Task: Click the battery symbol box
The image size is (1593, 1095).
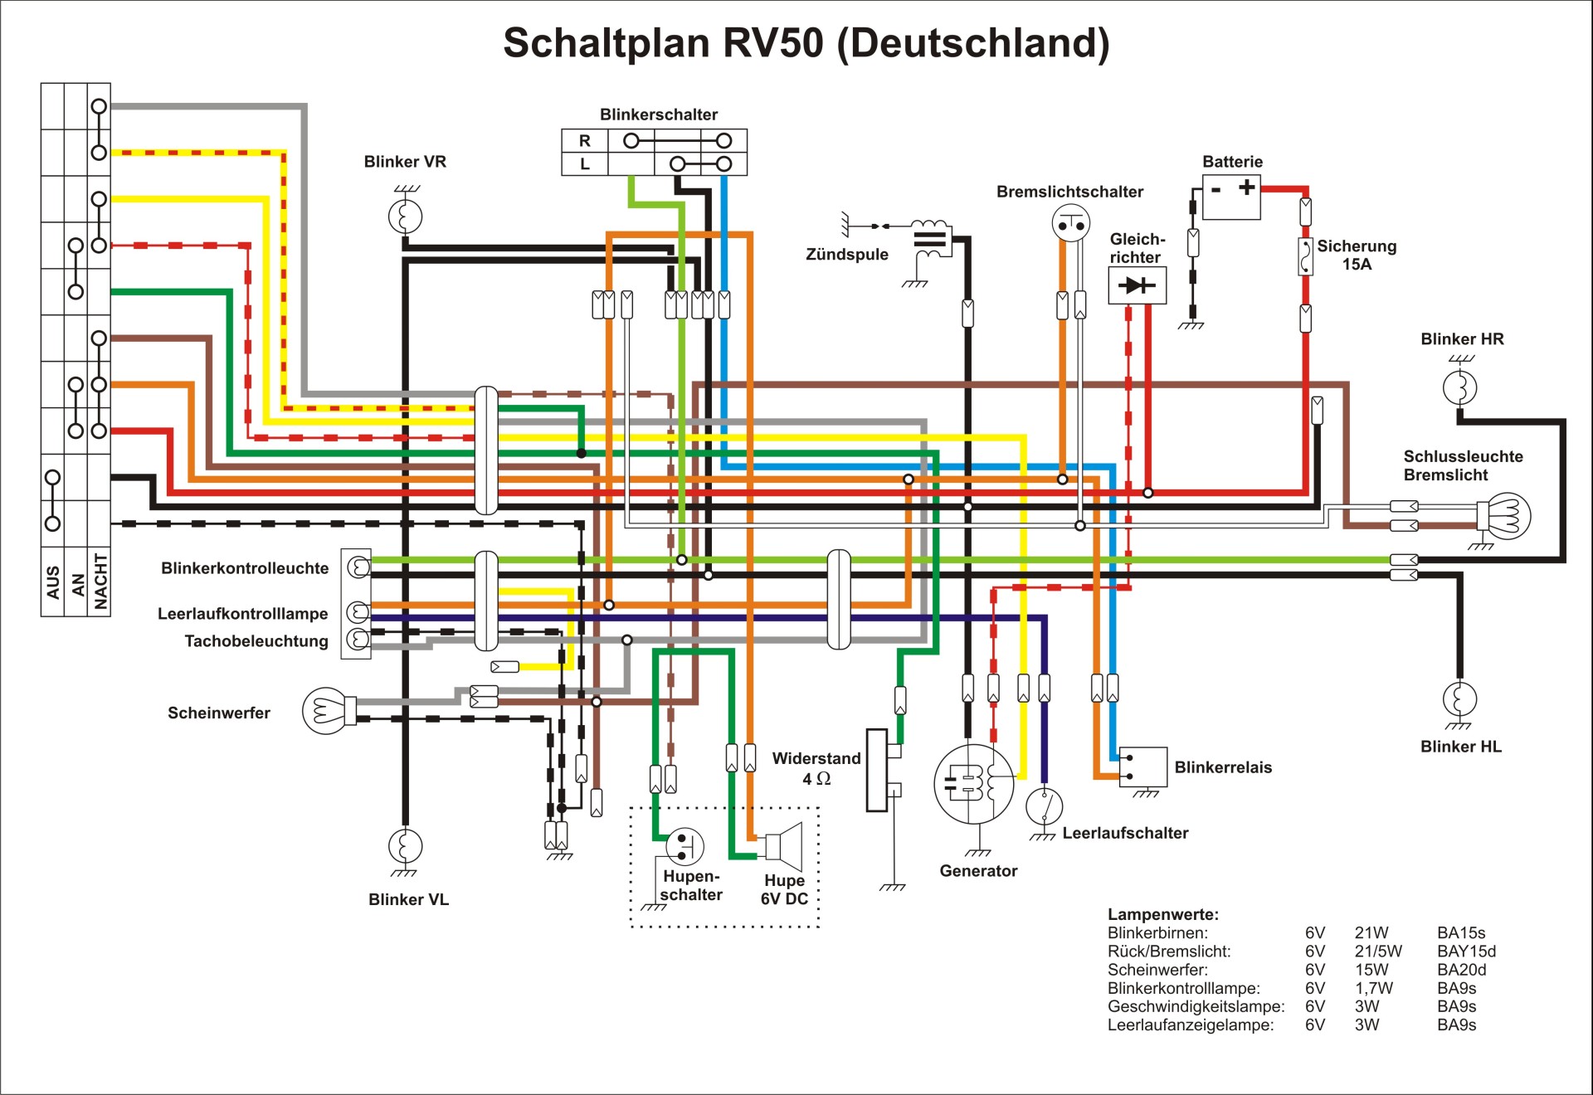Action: [1231, 197]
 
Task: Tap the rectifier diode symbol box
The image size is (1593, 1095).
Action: [1137, 285]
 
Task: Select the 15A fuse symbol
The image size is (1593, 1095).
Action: [1305, 256]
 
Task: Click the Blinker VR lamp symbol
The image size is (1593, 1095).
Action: [405, 217]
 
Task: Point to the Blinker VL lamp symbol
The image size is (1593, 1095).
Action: [405, 846]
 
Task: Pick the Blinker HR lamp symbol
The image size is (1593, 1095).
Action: [1460, 387]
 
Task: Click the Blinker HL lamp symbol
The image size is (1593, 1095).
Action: [1459, 698]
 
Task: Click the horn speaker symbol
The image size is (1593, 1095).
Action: [785, 846]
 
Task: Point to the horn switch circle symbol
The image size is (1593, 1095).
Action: [685, 846]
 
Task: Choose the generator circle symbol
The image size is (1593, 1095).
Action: [973, 783]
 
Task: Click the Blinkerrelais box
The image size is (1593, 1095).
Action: [1143, 767]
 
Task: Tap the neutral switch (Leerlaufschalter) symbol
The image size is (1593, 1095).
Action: [1045, 805]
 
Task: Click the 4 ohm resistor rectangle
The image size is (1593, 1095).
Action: [876, 770]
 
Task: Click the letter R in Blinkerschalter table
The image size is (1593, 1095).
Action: [585, 141]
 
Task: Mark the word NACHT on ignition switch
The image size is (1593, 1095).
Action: [100, 581]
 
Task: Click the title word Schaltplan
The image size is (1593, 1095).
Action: [607, 43]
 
